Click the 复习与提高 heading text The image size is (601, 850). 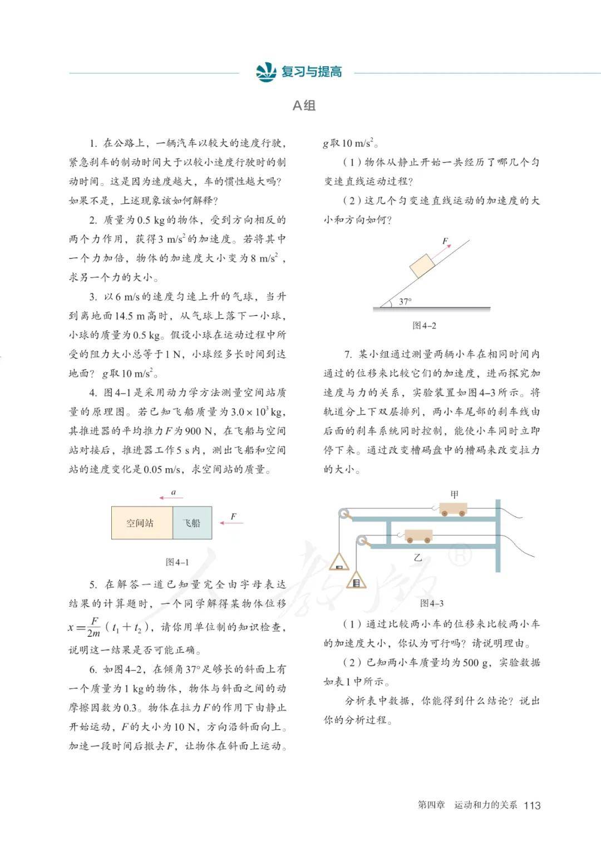311,72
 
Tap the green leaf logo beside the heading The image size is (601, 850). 265,72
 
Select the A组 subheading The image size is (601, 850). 304,105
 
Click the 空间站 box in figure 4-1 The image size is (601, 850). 141,523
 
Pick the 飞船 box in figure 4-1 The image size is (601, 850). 192,523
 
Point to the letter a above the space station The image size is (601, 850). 173,492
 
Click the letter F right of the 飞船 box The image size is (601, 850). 233,517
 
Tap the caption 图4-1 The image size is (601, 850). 177,562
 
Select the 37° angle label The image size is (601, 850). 405,302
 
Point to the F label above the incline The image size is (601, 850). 445,241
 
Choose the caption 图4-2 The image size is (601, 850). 424,326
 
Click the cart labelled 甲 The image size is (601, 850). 452,509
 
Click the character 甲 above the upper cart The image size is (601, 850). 455,494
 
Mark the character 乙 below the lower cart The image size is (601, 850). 417,557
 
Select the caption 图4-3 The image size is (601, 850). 432,603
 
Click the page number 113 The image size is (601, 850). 532,805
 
